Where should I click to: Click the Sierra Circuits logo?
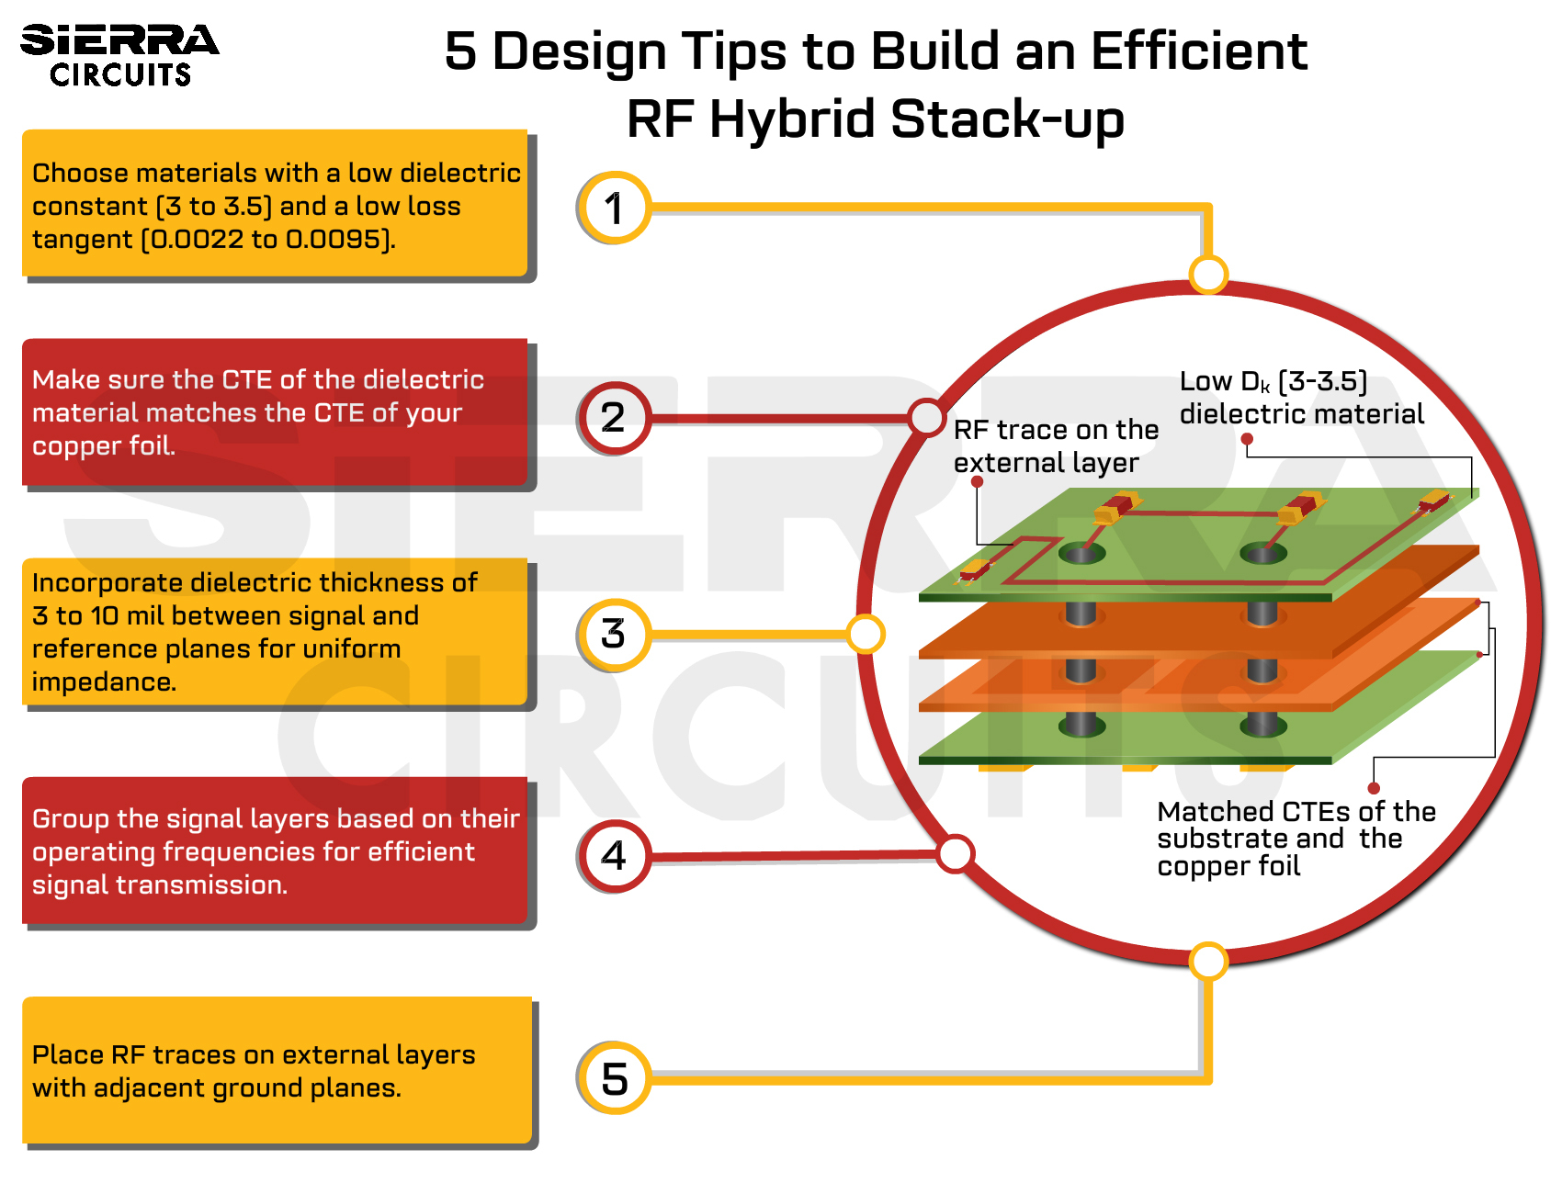pyautogui.click(x=119, y=55)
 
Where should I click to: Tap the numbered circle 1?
pyautogui.click(x=615, y=208)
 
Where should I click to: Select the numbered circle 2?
pyautogui.click(x=615, y=418)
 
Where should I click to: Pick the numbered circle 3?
pyautogui.click(x=615, y=635)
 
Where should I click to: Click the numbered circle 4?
pyautogui.click(x=615, y=856)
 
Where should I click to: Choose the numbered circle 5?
pyautogui.click(x=615, y=1078)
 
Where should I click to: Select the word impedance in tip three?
pyautogui.click(x=103, y=682)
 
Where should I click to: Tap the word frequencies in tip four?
pyautogui.click(x=239, y=852)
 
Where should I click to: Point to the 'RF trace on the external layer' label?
pyautogui.click(x=1055, y=446)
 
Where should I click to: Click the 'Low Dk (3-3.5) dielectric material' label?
pyautogui.click(x=1301, y=398)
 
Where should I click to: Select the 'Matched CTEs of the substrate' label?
pyautogui.click(x=1296, y=839)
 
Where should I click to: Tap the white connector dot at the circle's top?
pyautogui.click(x=1208, y=274)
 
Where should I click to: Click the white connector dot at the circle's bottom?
pyautogui.click(x=1208, y=962)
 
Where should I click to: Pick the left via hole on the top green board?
pyautogui.click(x=1081, y=553)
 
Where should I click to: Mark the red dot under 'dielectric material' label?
pyautogui.click(x=1247, y=439)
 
